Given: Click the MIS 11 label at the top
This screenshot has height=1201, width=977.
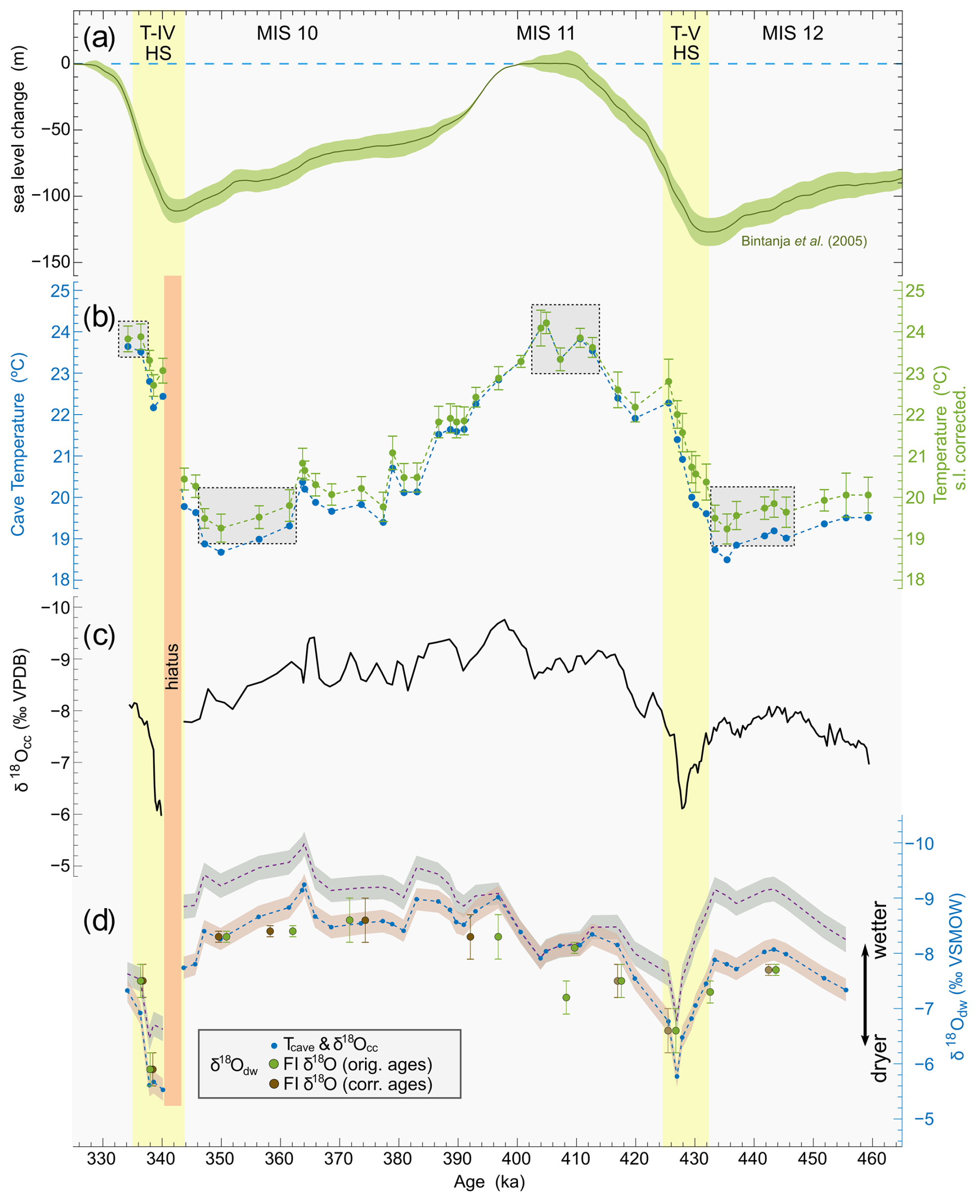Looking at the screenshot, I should tap(545, 34).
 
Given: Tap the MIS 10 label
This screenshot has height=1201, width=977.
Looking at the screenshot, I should tap(287, 34).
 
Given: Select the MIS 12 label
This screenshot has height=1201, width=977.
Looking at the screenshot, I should tap(793, 34).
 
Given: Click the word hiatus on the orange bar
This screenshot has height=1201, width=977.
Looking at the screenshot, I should tap(172, 667).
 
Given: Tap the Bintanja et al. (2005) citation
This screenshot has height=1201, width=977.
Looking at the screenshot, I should tap(803, 242).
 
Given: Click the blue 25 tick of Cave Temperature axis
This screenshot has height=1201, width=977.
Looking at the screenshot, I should tap(60, 291).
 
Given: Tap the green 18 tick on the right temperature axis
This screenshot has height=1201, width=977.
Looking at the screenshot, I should tap(915, 580).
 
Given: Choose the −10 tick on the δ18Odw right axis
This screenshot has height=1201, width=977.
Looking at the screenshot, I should tap(919, 844).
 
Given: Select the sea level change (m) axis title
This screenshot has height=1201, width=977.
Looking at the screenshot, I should tap(19, 146).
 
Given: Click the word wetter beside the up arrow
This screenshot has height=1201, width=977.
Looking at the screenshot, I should tap(879, 930).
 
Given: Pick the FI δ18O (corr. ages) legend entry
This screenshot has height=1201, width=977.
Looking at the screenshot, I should tap(350, 1084).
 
